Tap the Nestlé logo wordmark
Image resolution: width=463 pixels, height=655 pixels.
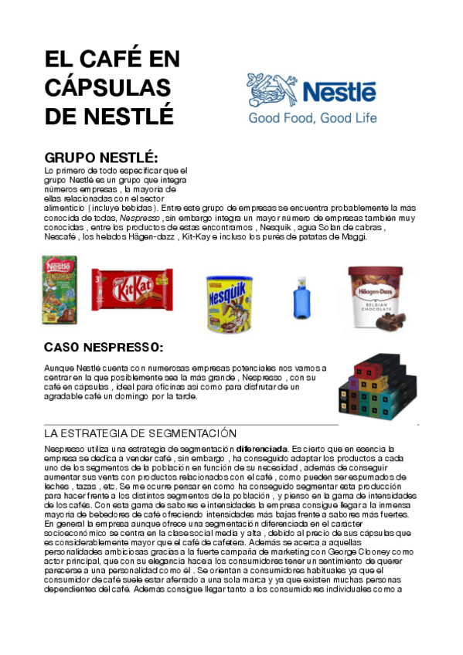click(339, 92)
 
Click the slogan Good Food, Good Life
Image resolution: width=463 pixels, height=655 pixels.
click(312, 118)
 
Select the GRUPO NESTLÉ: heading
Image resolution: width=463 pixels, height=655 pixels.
click(101, 158)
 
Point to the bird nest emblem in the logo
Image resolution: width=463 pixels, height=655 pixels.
click(271, 90)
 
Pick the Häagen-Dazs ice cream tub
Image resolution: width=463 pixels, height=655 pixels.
click(375, 297)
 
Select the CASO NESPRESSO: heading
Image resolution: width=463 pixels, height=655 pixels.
click(104, 347)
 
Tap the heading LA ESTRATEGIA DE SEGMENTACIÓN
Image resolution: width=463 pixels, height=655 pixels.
click(140, 433)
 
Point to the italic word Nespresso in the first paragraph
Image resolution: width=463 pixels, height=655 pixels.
click(139, 219)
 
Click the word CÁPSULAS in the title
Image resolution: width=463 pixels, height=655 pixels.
click(107, 87)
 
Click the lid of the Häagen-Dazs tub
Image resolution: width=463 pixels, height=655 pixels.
click(375, 273)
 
